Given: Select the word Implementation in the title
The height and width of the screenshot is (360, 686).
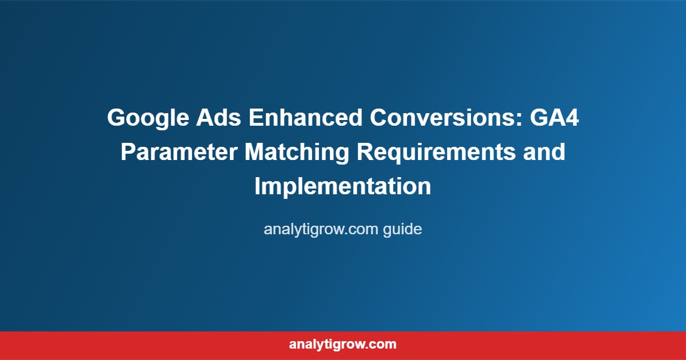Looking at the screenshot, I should (x=343, y=187).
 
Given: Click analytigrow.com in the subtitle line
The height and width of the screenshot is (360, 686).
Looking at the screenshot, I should (x=313, y=230).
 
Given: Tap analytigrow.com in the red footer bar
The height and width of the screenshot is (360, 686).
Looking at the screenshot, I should (x=343, y=345).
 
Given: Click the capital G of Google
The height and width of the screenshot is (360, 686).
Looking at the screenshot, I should (x=117, y=118).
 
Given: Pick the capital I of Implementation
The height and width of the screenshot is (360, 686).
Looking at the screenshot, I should (x=257, y=187).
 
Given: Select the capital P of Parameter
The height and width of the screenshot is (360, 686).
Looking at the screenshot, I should (x=128, y=153).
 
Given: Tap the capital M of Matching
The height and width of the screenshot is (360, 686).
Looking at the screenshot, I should (x=254, y=153).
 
